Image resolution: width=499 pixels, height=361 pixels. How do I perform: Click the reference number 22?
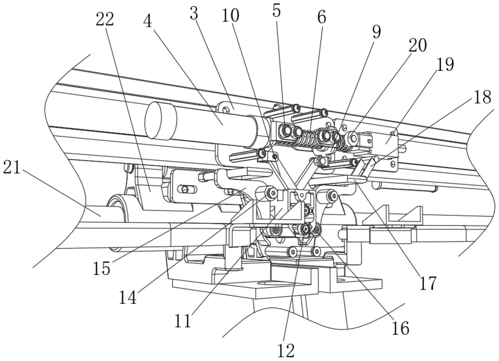(x=105, y=20)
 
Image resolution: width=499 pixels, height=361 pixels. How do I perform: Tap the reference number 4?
(x=148, y=21)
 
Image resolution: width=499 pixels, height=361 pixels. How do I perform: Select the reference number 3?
(x=194, y=14)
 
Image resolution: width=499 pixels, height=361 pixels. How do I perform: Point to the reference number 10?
(x=230, y=15)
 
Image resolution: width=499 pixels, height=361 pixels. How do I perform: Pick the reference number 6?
(x=321, y=17)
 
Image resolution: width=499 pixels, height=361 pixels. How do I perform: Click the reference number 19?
(x=445, y=65)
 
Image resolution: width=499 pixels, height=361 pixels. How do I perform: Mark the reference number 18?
(x=482, y=97)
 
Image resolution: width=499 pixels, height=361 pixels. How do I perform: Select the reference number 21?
(x=12, y=168)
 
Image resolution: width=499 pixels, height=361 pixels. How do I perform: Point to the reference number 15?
(x=102, y=268)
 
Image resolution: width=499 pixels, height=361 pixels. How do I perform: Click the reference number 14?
(x=127, y=297)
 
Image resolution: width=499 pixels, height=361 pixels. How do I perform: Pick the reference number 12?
(x=286, y=350)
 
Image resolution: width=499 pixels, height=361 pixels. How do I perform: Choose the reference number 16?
(x=400, y=328)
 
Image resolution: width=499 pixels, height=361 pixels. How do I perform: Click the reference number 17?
(x=428, y=283)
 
